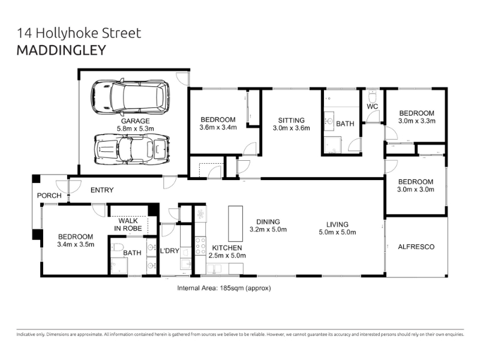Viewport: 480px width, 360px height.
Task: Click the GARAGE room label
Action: pyautogui.click(x=136, y=121)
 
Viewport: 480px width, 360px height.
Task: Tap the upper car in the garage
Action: pyautogui.click(x=130, y=97)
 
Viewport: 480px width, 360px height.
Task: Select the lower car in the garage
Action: pyautogui.click(x=131, y=149)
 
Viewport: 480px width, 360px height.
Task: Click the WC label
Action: pyautogui.click(x=372, y=107)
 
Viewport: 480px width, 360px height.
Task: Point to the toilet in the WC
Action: pyautogui.click(x=372, y=96)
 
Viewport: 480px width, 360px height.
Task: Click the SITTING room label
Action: pyautogui.click(x=292, y=121)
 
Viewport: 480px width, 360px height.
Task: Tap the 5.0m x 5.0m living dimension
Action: pyautogui.click(x=337, y=232)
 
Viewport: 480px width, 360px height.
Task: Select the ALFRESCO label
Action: pyautogui.click(x=416, y=247)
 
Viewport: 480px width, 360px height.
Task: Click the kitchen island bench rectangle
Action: pyautogui.click(x=235, y=224)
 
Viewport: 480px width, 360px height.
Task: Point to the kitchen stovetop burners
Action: pyautogui.click(x=200, y=245)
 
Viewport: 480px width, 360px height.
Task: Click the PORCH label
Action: pyautogui.click(x=49, y=196)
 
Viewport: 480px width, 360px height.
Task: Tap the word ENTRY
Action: pyautogui.click(x=102, y=190)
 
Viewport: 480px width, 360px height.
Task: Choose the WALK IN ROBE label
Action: pyautogui.click(x=128, y=224)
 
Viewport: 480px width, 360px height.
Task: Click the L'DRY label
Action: pyautogui.click(x=170, y=251)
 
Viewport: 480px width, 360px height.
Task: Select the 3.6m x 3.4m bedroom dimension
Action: pyautogui.click(x=218, y=127)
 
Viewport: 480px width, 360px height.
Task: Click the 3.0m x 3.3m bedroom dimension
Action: pyautogui.click(x=416, y=121)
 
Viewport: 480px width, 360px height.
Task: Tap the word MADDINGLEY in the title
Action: pyautogui.click(x=61, y=50)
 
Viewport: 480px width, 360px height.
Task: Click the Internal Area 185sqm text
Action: pyautogui.click(x=224, y=288)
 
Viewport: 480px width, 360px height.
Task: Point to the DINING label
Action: pyautogui.click(x=268, y=221)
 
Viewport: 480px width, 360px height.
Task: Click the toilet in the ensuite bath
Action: pyautogui.click(x=116, y=247)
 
